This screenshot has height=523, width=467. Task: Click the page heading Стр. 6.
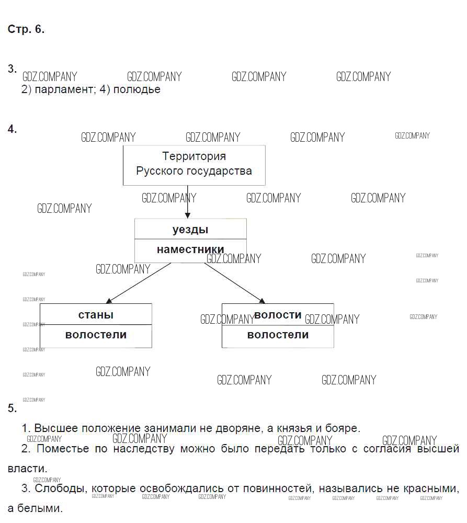[26, 29]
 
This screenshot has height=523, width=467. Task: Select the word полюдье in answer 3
[136, 89]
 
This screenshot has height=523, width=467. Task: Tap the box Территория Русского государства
[194, 165]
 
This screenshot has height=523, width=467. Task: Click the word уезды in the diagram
[190, 230]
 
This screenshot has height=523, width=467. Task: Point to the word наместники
[190, 250]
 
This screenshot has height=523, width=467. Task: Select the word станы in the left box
[96, 314]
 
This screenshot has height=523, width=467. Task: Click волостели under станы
[96, 335]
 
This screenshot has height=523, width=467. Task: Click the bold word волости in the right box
[278, 315]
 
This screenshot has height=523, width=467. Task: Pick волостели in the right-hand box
[278, 335]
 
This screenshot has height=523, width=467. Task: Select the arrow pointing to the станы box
[138, 283]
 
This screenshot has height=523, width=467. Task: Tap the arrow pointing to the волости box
[235, 283]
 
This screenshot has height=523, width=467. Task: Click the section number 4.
[12, 129]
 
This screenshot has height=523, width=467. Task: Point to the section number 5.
[12, 408]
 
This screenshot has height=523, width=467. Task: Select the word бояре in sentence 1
[343, 428]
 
